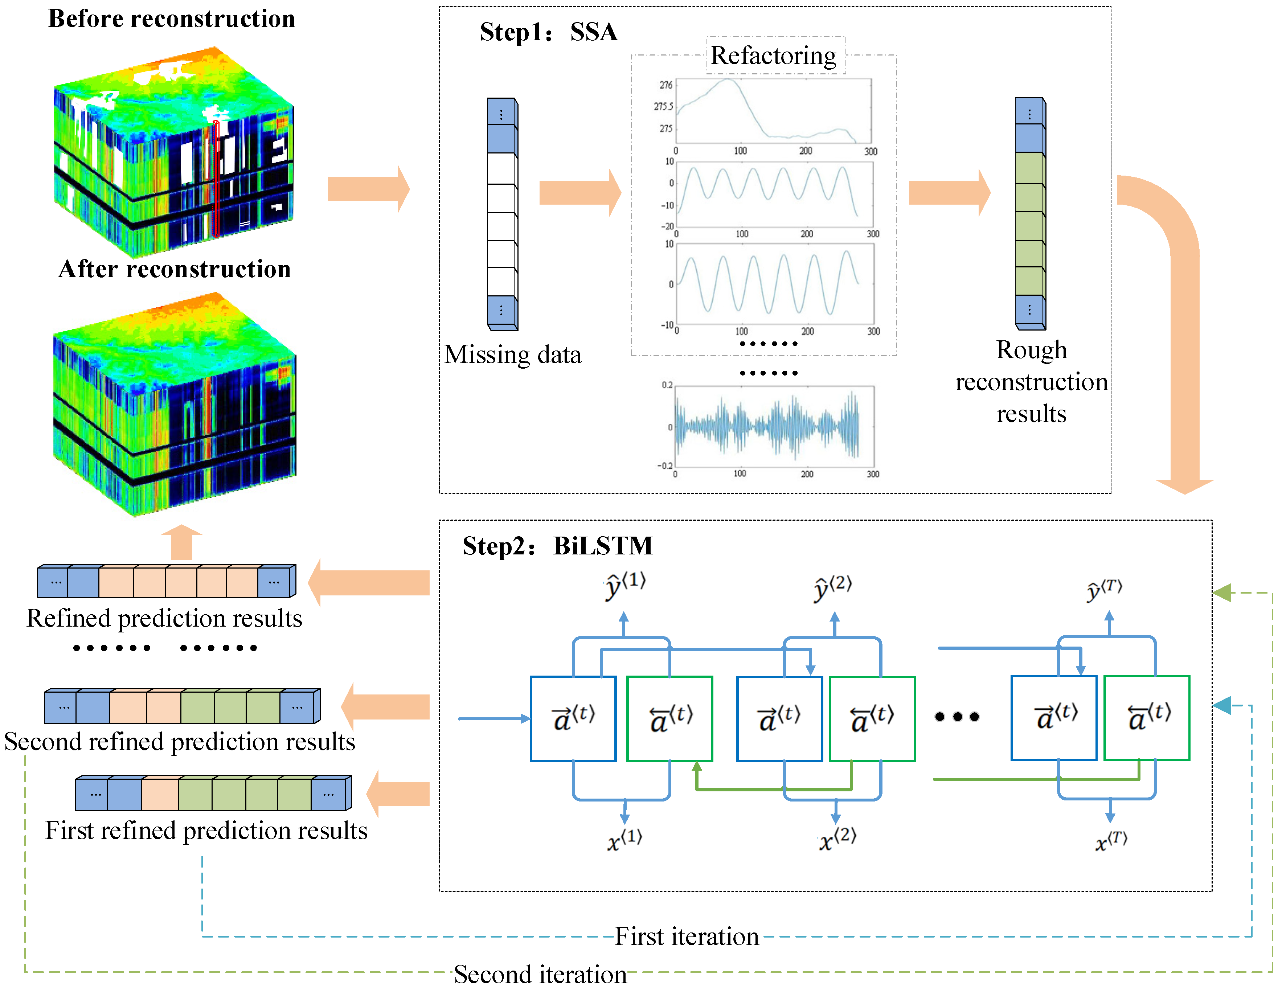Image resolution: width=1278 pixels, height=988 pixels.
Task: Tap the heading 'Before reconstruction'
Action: [172, 19]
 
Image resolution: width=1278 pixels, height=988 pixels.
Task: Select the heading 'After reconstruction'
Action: [175, 269]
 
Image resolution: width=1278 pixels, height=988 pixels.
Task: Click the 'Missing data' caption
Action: [513, 354]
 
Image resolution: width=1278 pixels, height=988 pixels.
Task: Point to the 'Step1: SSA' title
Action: [548, 32]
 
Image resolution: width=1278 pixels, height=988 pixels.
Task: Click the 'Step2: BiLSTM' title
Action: [557, 546]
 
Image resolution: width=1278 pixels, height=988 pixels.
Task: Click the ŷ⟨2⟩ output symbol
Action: [833, 587]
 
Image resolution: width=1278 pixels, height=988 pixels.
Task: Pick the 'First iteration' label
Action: [687, 936]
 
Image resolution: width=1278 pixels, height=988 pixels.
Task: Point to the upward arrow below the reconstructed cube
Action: [181, 542]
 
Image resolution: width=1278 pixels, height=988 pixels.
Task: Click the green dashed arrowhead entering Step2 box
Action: [1222, 593]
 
